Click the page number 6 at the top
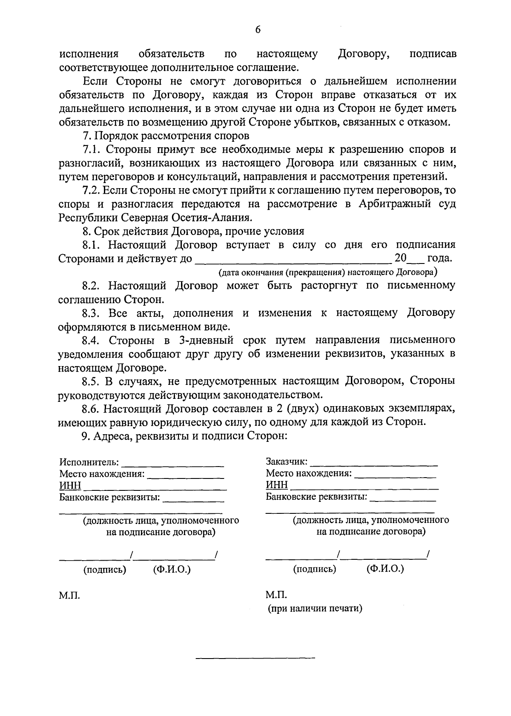click(x=257, y=29)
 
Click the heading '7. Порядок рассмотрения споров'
click(x=166, y=136)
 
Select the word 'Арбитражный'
click(x=394, y=204)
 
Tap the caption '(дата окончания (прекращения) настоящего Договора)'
click(x=328, y=272)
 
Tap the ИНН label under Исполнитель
click(x=70, y=485)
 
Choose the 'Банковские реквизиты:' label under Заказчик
click(x=316, y=496)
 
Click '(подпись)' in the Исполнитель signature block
click(x=105, y=570)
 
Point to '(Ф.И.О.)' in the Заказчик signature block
click(x=385, y=569)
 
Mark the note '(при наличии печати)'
click(x=315, y=608)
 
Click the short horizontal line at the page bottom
click(x=255, y=659)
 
